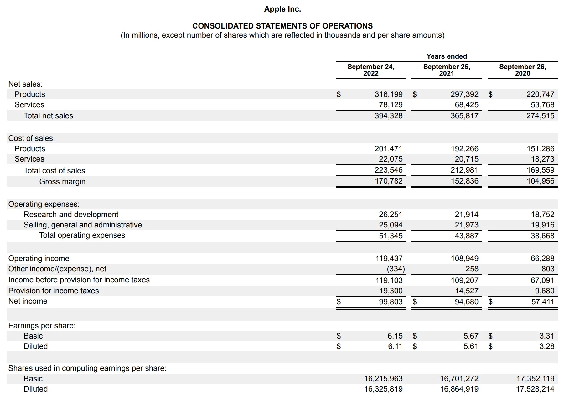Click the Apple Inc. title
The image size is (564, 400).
tap(282, 9)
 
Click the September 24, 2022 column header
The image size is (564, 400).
tap(371, 70)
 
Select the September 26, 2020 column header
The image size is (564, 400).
tap(522, 70)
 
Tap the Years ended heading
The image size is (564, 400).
tap(447, 56)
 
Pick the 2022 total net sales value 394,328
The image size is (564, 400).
tap(389, 116)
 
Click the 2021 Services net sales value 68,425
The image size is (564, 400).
tap(466, 105)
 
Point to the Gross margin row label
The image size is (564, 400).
tap(62, 182)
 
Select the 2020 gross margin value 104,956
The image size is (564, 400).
tap(540, 181)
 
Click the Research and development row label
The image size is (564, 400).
tap(71, 215)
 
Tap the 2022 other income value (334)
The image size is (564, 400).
tap(396, 269)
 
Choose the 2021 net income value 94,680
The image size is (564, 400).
tap(466, 302)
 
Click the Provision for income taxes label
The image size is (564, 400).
tap(54, 291)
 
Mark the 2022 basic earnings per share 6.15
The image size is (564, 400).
tap(395, 336)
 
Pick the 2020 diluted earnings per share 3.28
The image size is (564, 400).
tap(546, 346)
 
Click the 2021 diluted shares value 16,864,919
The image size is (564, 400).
tap(459, 389)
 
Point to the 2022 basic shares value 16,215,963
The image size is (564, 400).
tap(383, 379)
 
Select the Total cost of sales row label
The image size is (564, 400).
tap(54, 171)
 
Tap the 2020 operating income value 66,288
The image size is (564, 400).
tap(542, 259)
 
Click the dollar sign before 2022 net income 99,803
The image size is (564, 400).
tap(339, 302)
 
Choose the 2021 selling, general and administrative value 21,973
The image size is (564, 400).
tap(466, 225)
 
